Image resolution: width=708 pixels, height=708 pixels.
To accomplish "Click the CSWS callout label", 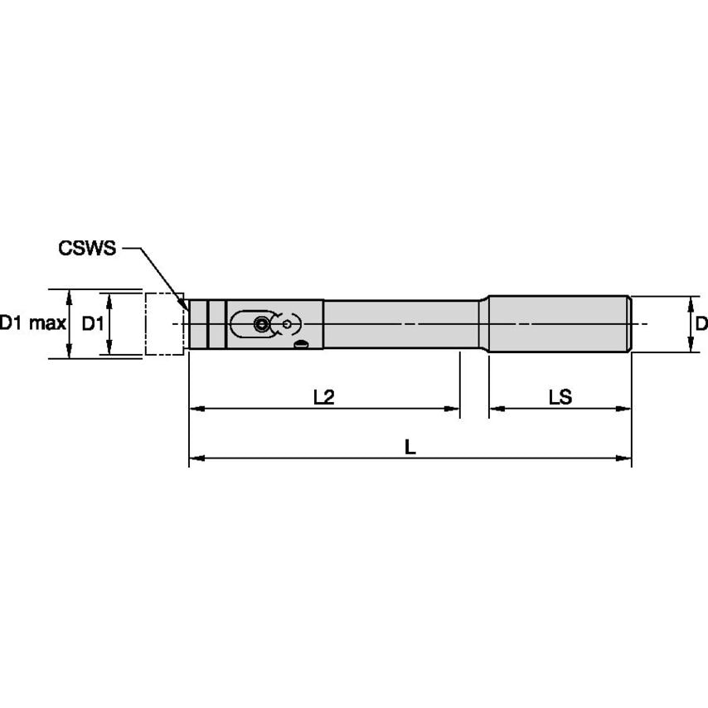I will click(x=87, y=247).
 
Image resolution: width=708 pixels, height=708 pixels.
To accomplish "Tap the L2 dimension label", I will click(x=323, y=397).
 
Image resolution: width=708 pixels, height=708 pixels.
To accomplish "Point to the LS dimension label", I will click(x=560, y=397).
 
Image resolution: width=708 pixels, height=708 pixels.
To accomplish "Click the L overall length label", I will click(x=410, y=446).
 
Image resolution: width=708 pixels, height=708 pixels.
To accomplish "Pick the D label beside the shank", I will click(x=701, y=323).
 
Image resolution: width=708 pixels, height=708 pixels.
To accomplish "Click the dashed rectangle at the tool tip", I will click(x=164, y=323).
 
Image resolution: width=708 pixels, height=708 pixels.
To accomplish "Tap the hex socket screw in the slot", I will click(x=262, y=324).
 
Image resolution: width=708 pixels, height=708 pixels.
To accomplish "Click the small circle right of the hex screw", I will click(x=287, y=323).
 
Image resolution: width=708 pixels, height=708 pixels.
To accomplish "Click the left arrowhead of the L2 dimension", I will click(x=196, y=408).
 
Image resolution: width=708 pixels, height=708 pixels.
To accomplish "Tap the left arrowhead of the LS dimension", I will click(x=495, y=408).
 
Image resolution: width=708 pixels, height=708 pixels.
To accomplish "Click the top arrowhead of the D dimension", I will click(x=690, y=302).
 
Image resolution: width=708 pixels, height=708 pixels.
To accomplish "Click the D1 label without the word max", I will click(x=93, y=323).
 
